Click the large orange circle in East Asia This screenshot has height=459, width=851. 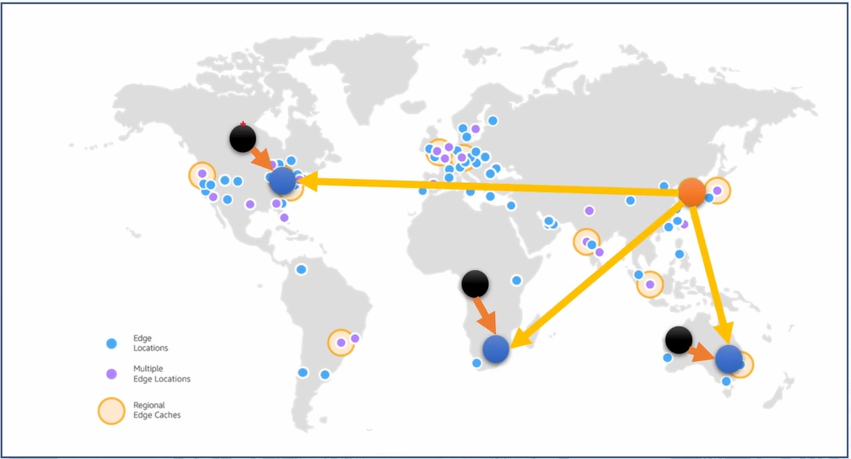[692, 192]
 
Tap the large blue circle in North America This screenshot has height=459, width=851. [283, 180]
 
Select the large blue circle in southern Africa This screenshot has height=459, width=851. [496, 348]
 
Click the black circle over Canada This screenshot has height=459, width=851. [242, 138]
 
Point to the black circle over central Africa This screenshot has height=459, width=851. [475, 283]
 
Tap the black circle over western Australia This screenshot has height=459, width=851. [678, 340]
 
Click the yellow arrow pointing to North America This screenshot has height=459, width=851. [489, 186]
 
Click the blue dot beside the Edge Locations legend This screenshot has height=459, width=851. [110, 343]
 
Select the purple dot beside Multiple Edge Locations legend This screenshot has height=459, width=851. [110, 374]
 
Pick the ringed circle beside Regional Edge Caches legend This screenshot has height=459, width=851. [110, 411]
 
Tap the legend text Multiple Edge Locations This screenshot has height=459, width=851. [161, 374]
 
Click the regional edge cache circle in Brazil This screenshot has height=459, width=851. [341, 343]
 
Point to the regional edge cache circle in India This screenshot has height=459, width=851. [586, 242]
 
